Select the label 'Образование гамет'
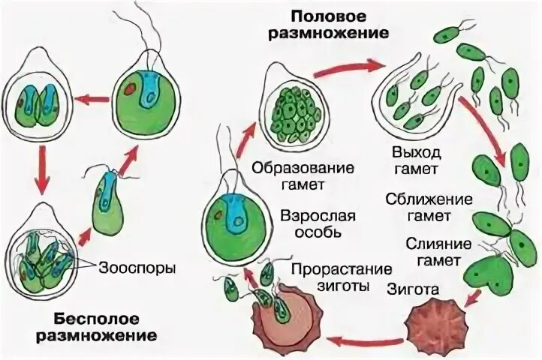pos(288,174)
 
